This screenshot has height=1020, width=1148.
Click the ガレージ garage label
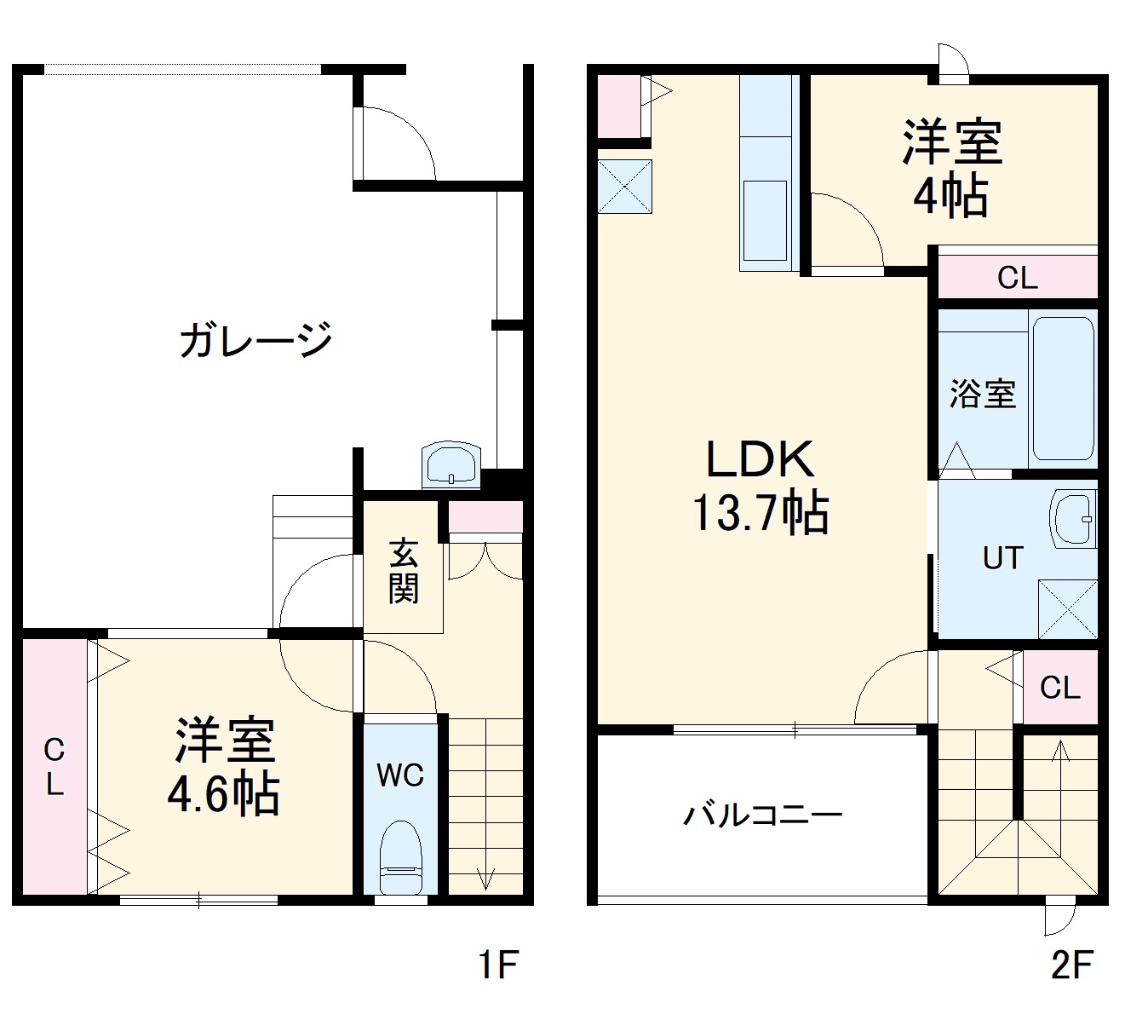(255, 339)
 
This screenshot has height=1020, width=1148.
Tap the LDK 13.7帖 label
(760, 486)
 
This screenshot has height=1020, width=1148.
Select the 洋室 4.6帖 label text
(225, 767)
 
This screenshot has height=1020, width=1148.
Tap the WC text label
(400, 775)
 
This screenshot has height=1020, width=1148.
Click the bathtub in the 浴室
(1061, 388)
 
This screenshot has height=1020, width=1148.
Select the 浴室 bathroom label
(983, 394)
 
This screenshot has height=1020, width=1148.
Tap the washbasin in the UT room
(1073, 518)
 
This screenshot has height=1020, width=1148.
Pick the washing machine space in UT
(1068, 608)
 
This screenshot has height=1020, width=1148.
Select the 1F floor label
(497, 965)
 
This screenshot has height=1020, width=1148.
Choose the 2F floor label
(1071, 965)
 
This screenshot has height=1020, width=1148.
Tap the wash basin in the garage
(451, 465)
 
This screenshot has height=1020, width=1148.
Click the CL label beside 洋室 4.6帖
(54, 767)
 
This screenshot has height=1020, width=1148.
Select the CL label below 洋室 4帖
(1017, 278)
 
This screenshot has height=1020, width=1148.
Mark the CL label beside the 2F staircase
(1059, 687)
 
